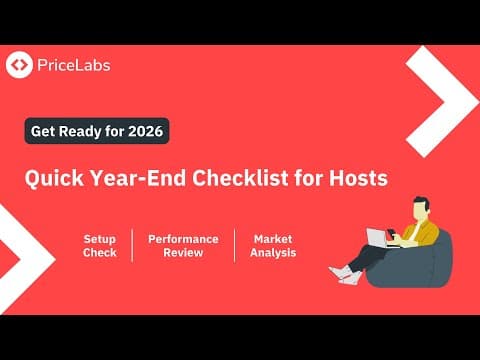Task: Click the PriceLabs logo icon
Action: pos(19,66)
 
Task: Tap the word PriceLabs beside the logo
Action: pos(73,66)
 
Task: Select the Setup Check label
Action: pos(100,246)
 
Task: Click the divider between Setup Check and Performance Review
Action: pos(133,246)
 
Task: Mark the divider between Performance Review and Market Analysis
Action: pos(235,246)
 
